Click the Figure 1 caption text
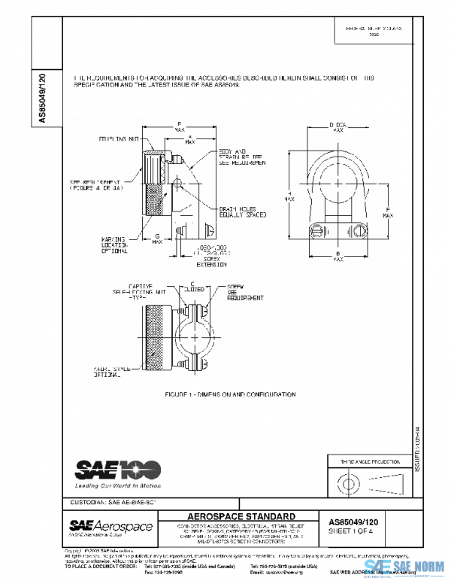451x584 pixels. pos(230,394)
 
